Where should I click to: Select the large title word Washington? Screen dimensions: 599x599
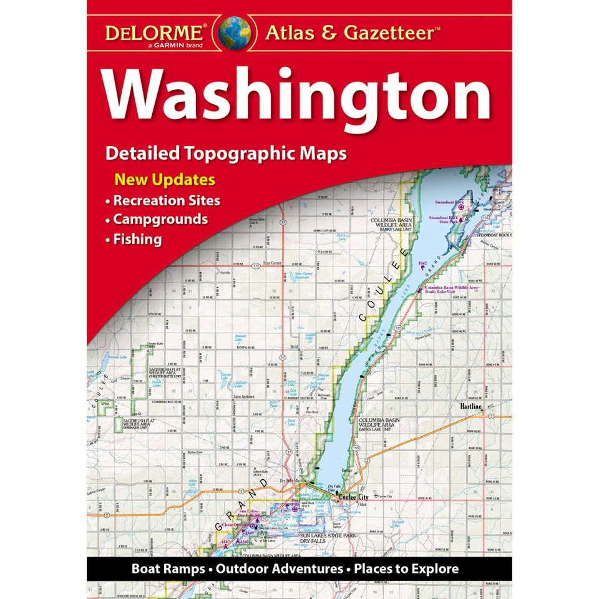coord(298,96)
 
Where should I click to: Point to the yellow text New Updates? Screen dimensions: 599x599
coord(164,180)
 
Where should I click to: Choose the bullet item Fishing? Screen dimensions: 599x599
coord(137,239)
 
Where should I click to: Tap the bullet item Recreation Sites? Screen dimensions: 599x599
coord(167,200)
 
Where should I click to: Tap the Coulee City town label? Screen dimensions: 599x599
coord(353,497)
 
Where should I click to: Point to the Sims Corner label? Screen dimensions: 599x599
coord(272,263)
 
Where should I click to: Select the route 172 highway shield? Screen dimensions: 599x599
coord(255,266)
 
